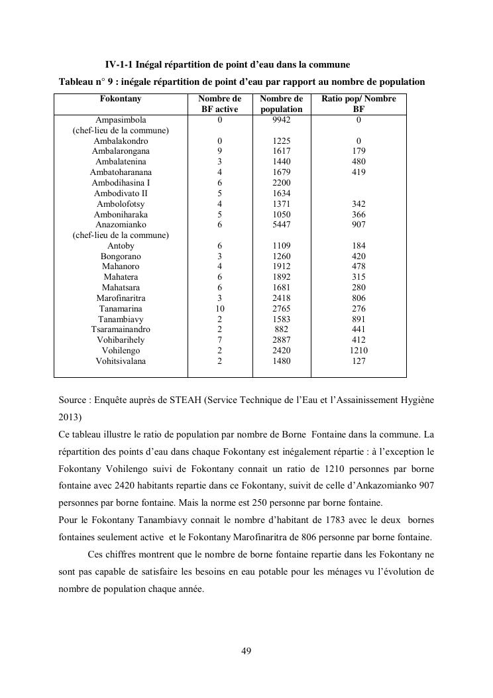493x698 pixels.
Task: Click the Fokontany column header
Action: pyautogui.click(x=120, y=99)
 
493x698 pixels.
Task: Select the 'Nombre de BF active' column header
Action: pyautogui.click(x=219, y=104)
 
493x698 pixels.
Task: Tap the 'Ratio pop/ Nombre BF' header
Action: pyautogui.click(x=358, y=104)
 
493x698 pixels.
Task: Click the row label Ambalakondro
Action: pyautogui.click(x=121, y=141)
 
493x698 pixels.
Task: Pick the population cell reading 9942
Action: pyautogui.click(x=282, y=120)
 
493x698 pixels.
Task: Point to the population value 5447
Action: pyautogui.click(x=282, y=225)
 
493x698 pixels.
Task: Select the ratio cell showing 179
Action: pyautogui.click(x=358, y=151)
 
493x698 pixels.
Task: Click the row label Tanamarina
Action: pyautogui.click(x=121, y=309)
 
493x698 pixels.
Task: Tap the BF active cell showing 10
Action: pyautogui.click(x=219, y=309)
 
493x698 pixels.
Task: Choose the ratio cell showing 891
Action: pyautogui.click(x=358, y=320)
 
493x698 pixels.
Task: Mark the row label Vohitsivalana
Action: pyautogui.click(x=121, y=361)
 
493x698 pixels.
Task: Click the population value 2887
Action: pyautogui.click(x=282, y=340)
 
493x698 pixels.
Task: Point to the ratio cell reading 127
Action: pyautogui.click(x=358, y=361)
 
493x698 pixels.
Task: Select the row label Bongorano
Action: pyautogui.click(x=121, y=256)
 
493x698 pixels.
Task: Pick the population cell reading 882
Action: pyautogui.click(x=282, y=329)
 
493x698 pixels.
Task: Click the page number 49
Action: pyautogui.click(x=246, y=651)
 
